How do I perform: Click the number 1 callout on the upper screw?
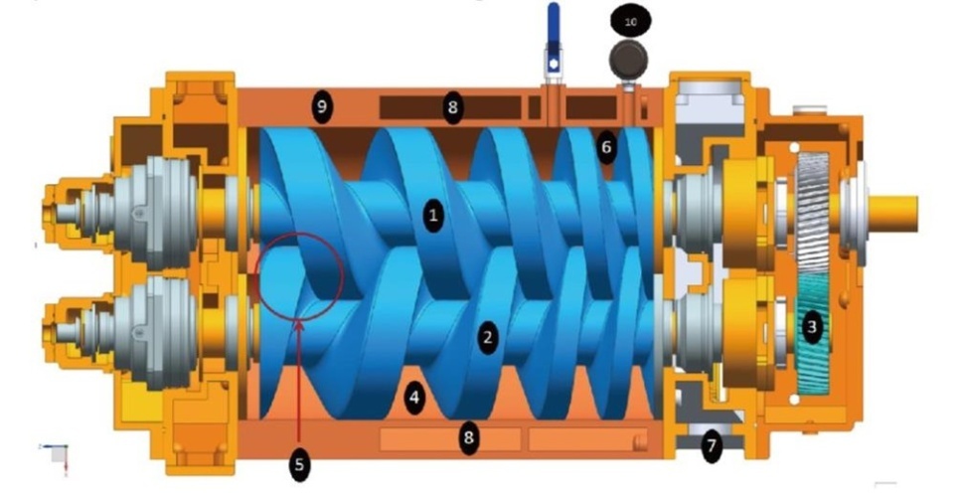coord(433,216)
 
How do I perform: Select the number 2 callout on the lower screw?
coord(487,337)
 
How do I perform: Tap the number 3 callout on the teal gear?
coord(812,326)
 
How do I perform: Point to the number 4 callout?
coord(415,398)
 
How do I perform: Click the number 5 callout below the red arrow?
coord(299,465)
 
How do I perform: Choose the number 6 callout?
coord(606,147)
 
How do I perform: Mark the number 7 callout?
coord(711,445)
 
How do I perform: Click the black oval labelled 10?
coord(631,22)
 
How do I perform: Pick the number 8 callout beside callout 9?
coord(452,108)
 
